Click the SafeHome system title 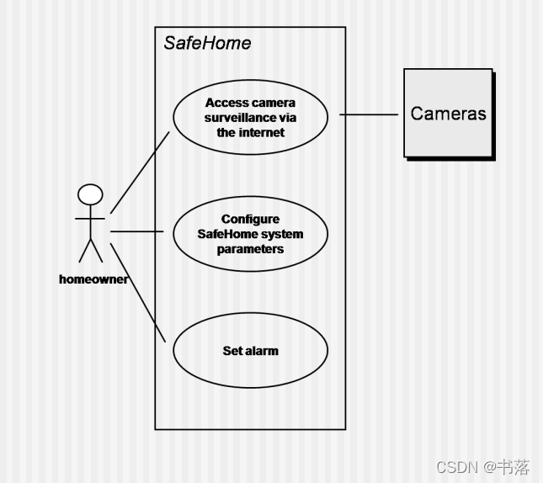[207, 43]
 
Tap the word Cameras [448, 113]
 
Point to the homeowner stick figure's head [90, 195]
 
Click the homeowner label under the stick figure [93, 279]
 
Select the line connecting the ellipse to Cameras [369, 114]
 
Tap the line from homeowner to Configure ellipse [139, 231]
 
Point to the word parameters [250, 249]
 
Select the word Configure [250, 219]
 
